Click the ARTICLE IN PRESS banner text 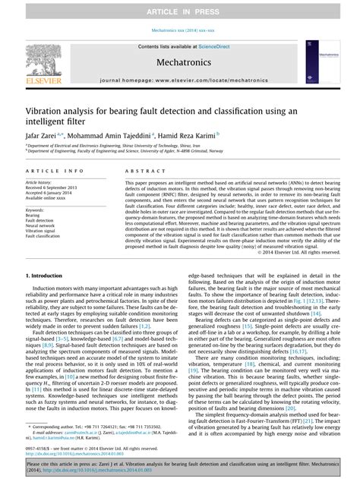180,11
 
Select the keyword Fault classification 48,236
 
